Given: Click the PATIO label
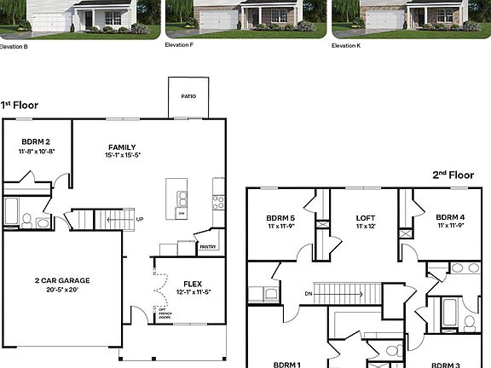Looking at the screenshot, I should coord(188,96).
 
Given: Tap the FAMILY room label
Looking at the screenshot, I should coord(122,147).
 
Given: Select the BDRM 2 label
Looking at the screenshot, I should coord(36,141).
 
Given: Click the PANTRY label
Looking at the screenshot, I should coord(208,247).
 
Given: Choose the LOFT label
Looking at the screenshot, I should coord(365,217).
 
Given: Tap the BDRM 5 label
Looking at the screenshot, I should coord(280,217).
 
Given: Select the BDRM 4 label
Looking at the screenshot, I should coord(450,217).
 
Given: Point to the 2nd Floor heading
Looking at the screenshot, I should coord(452,175).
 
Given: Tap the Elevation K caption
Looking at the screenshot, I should coord(346,44).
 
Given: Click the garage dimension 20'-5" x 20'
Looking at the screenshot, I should coord(61,290).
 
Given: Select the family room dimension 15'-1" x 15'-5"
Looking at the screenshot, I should coord(122,155).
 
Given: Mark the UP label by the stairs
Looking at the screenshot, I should coord(140,220).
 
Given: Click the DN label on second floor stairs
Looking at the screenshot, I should coord(308,295).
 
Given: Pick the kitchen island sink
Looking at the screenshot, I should coord(182,198).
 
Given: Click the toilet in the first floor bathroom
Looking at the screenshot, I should coord(26,221).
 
